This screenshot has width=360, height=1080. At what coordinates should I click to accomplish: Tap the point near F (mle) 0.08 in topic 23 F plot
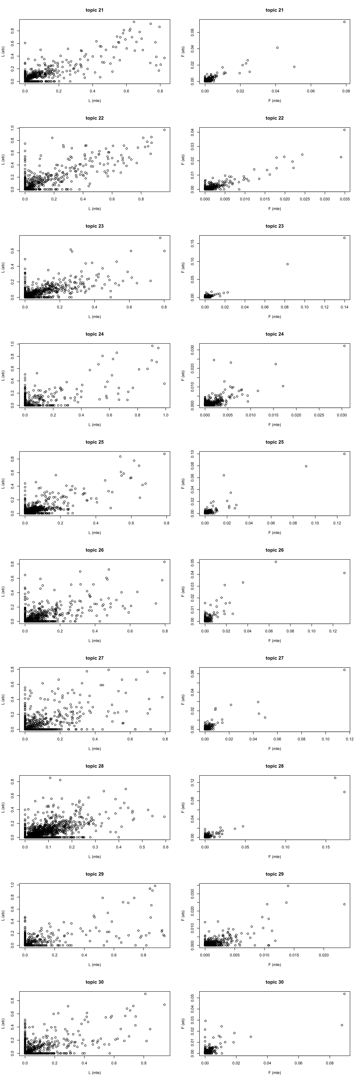click(x=287, y=264)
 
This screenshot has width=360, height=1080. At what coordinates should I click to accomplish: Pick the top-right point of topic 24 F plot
click(x=344, y=346)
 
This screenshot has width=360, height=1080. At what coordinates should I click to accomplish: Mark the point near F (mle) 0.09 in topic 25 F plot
click(x=306, y=466)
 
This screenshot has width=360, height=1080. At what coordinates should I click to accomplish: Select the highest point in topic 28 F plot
click(x=335, y=778)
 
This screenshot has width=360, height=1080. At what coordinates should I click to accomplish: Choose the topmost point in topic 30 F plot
click(x=344, y=994)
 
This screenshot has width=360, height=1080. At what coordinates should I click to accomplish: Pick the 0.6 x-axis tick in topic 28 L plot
click(x=166, y=847)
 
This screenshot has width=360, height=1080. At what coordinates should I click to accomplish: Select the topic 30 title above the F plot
click(x=274, y=982)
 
